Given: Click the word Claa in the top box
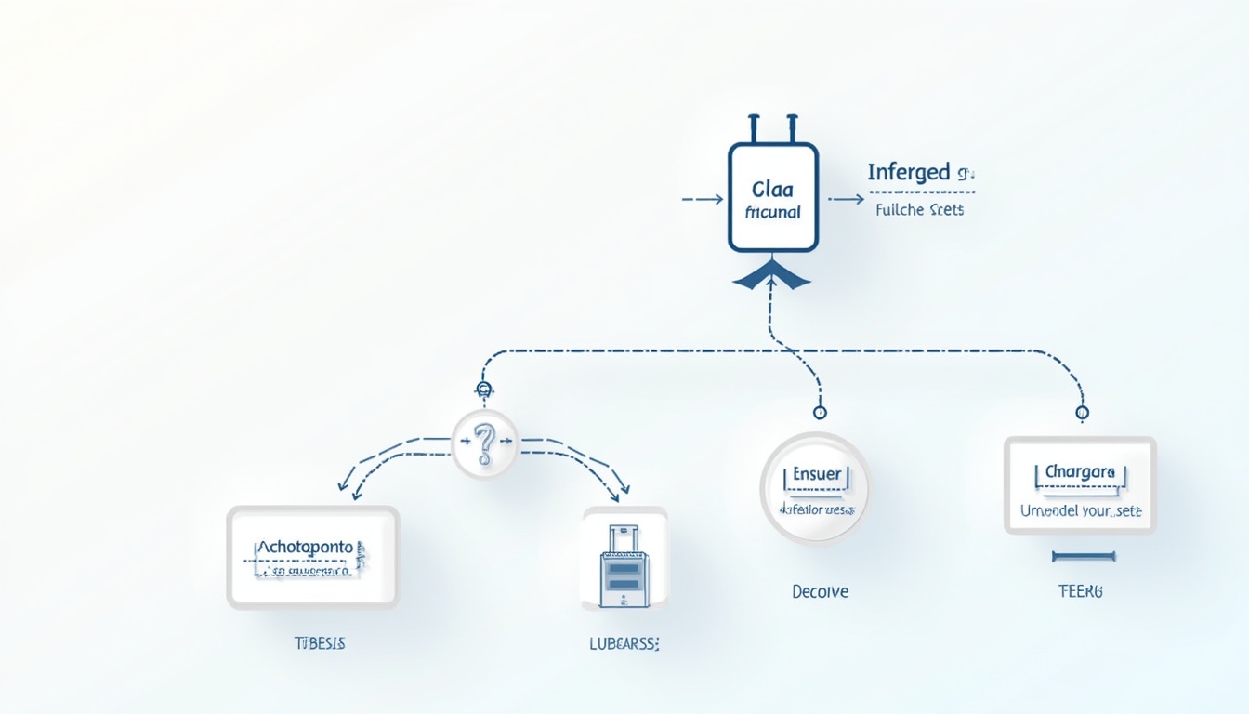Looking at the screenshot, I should (772, 190).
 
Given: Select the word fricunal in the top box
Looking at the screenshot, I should (772, 211).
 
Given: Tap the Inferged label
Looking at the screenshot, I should (909, 172).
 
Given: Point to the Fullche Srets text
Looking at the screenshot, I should (919, 210).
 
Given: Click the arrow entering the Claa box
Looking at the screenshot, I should (703, 199).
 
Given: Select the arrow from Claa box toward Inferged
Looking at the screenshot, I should (845, 199).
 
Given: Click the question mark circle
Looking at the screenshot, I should (484, 444).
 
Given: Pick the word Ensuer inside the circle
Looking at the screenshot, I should (817, 474).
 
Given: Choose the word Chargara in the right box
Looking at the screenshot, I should (1079, 472).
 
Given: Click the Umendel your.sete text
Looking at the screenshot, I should (1081, 510).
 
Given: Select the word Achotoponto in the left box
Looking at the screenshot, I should (305, 548).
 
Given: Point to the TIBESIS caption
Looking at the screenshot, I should (319, 643).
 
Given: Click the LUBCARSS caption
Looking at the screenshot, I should (624, 643).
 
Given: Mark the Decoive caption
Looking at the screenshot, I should (820, 591).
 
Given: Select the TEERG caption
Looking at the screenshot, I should (1080, 591).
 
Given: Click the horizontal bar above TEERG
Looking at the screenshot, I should (1083, 557).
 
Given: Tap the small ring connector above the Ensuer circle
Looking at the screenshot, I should (819, 412).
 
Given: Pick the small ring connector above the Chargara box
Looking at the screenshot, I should (1082, 412).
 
